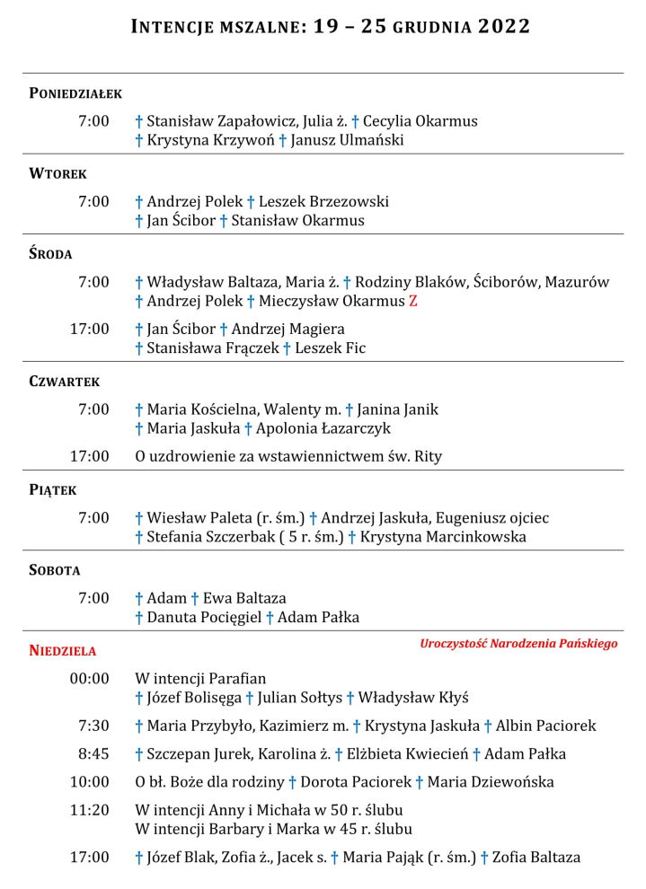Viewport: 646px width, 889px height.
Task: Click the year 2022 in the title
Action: coord(504,27)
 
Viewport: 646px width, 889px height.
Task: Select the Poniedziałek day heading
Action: coord(75,93)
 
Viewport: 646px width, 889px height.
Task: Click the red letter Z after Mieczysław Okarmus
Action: coord(413,302)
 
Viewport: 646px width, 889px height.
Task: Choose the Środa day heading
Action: coord(50,254)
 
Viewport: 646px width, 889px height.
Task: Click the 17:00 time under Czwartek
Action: coord(90,456)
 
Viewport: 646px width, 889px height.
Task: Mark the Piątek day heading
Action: coord(53,490)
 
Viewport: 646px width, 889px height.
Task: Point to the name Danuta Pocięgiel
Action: coord(204,617)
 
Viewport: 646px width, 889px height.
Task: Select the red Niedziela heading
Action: coord(63,650)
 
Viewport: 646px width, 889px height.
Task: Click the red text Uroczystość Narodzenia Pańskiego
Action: coord(518,644)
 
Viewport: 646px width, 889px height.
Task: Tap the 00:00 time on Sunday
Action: coord(90,679)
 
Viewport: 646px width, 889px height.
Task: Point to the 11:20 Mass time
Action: coord(90,810)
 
